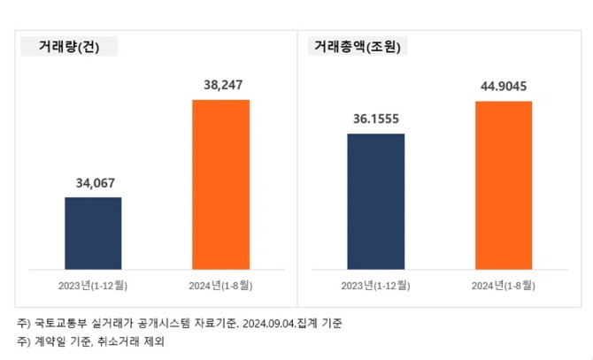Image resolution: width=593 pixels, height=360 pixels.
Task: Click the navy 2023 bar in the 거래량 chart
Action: (x=93, y=232)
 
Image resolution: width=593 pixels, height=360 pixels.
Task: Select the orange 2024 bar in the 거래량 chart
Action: (x=220, y=183)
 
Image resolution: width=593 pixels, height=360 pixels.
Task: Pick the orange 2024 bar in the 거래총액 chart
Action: (x=503, y=184)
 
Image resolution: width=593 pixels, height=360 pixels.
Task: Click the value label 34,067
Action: (x=93, y=184)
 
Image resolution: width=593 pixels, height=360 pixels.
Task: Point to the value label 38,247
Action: (x=220, y=86)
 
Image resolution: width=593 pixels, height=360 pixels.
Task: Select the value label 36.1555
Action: (x=375, y=119)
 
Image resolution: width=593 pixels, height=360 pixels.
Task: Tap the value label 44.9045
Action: (x=503, y=87)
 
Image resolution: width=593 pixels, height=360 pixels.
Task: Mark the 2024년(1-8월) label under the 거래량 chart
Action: (x=220, y=285)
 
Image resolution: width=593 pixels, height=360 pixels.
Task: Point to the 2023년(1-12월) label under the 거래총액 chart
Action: (x=375, y=285)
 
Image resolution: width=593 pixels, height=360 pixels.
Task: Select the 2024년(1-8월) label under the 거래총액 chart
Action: (x=503, y=285)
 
